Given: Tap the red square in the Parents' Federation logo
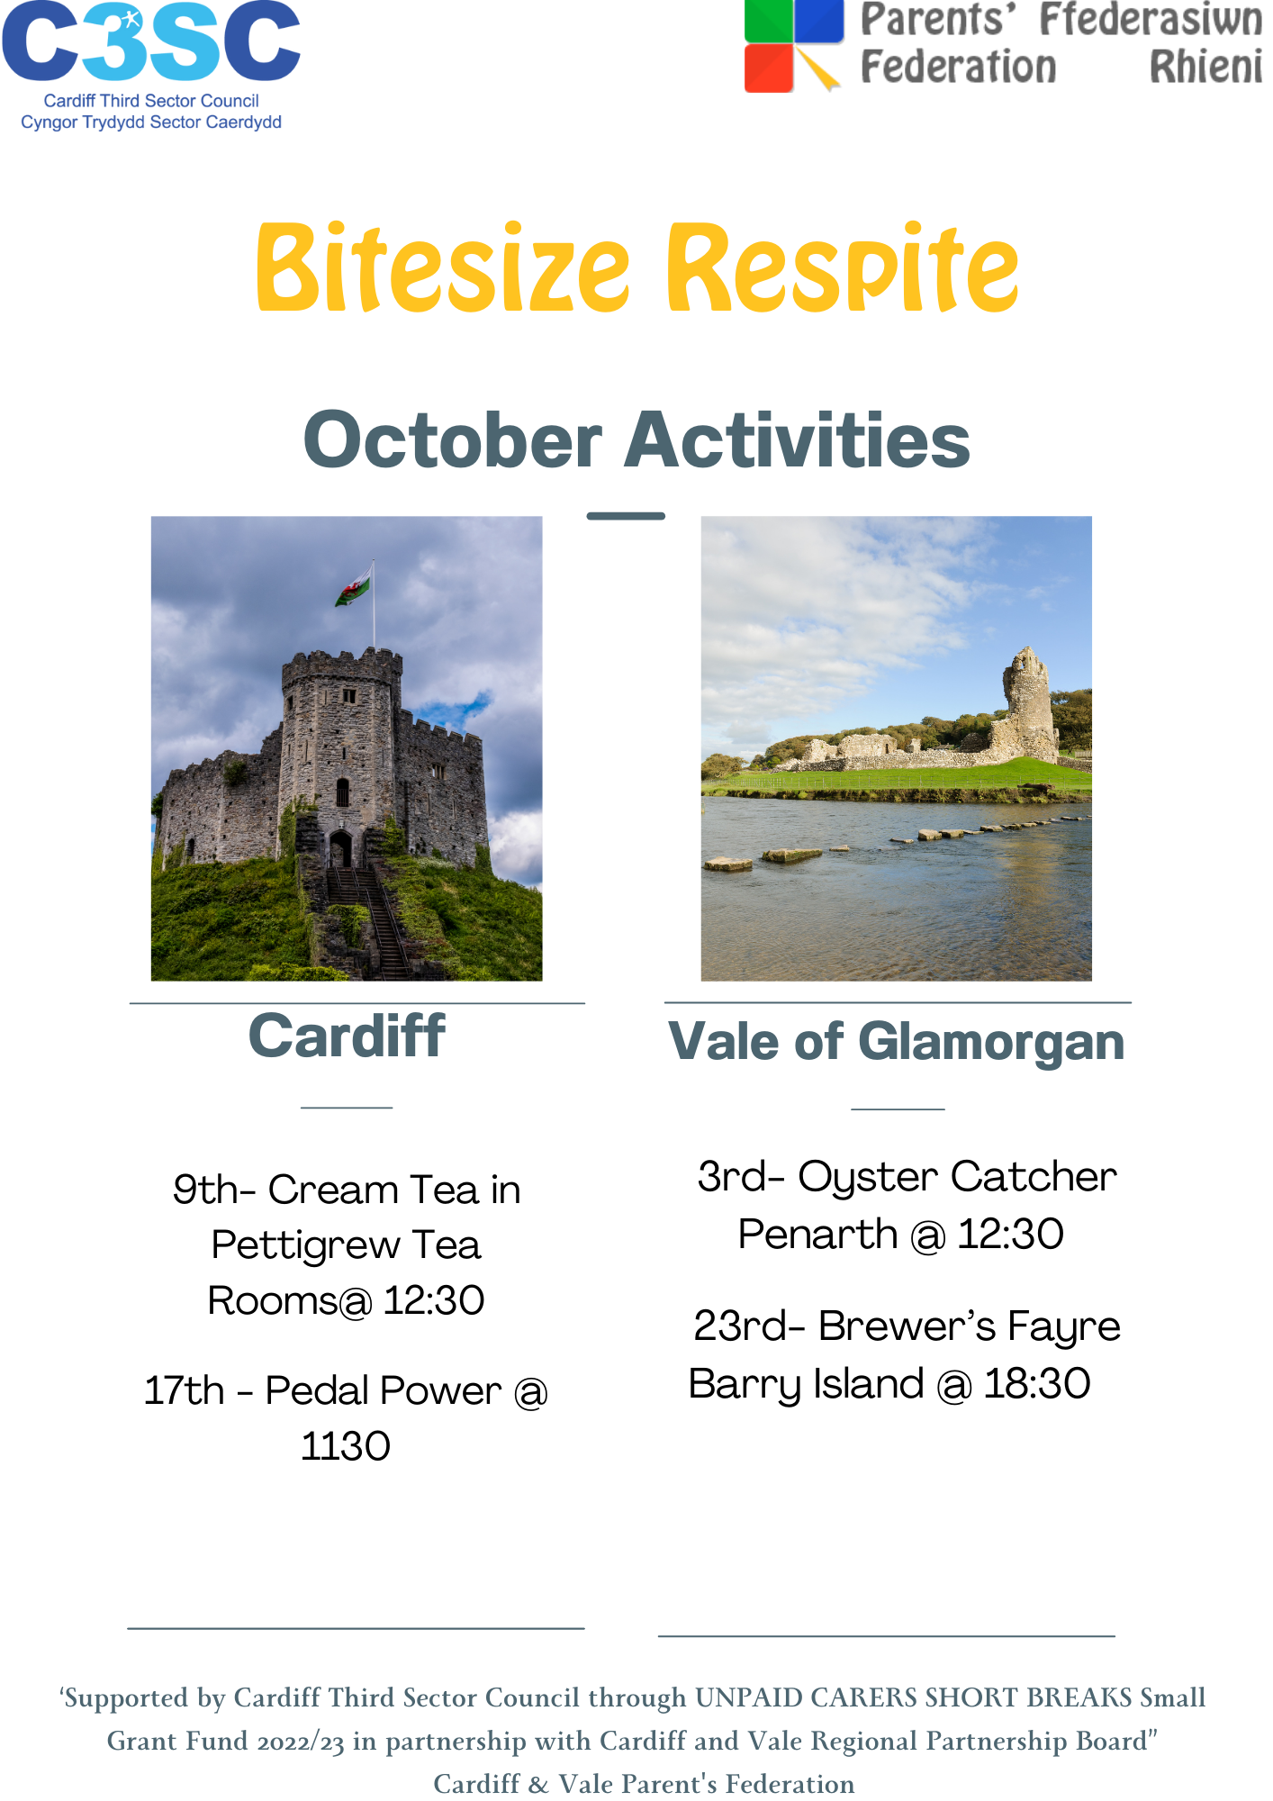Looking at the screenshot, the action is point(769,68).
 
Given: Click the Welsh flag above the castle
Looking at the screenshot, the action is point(354,586).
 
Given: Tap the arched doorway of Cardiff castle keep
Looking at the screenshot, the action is point(340,849).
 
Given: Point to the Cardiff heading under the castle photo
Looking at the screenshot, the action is point(347,1036).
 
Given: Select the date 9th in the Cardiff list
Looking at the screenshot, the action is point(205,1190).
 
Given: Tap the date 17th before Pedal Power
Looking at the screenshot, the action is point(185,1390).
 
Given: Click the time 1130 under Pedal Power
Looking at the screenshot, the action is point(346,1446).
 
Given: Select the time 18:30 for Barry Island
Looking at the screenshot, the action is point(1037,1383).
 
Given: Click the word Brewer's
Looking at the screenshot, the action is point(907,1326).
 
